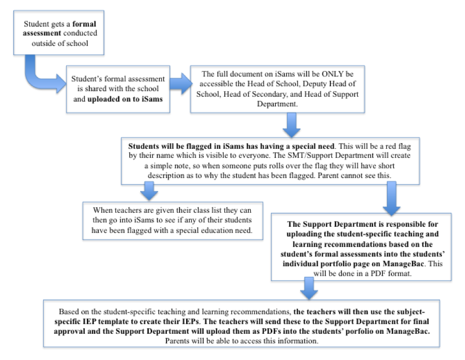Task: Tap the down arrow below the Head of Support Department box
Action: [x=292, y=125]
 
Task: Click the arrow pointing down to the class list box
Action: [x=149, y=191]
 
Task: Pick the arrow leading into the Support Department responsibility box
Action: [x=391, y=199]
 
